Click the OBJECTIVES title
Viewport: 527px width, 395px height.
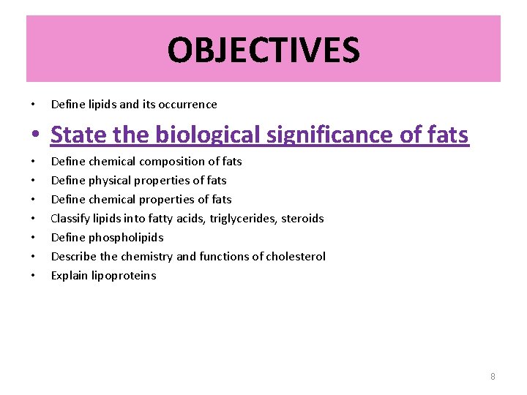click(x=263, y=50)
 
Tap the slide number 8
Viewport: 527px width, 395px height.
click(x=493, y=376)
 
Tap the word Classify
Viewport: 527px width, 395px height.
click(x=70, y=219)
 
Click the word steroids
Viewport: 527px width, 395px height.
click(x=302, y=219)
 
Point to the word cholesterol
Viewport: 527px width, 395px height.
click(x=299, y=257)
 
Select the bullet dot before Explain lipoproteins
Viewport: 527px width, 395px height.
click(x=34, y=276)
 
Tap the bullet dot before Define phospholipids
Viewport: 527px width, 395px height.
click(x=34, y=238)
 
